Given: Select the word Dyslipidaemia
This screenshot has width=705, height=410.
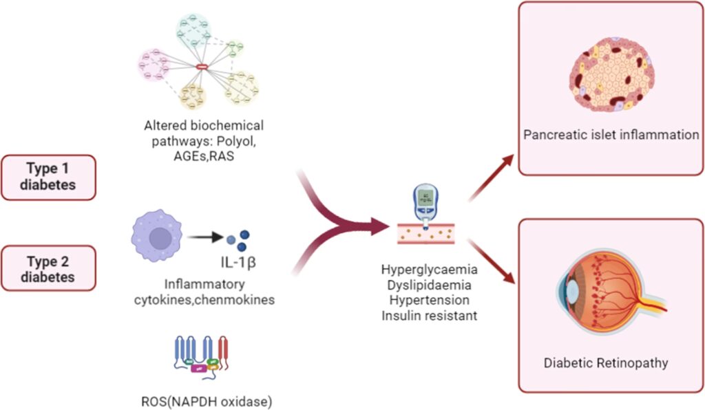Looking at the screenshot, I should point(429,285).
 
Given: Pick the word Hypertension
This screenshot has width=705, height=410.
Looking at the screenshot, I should point(429,301).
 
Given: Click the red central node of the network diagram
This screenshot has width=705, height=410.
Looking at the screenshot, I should point(202,66).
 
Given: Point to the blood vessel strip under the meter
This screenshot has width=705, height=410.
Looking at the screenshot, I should point(429,235).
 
